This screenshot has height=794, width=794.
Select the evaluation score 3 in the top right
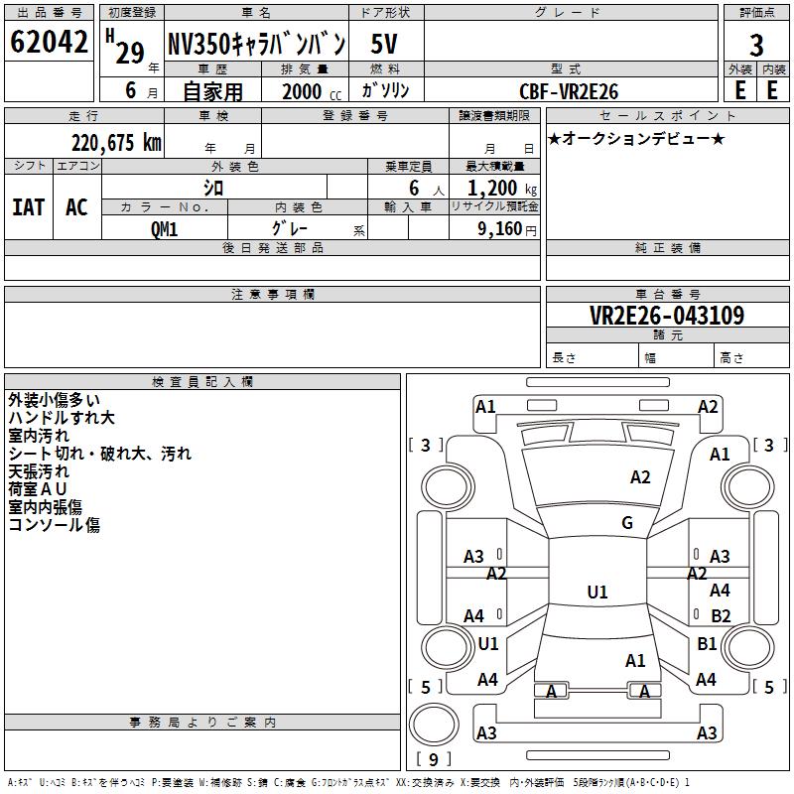point(756,46)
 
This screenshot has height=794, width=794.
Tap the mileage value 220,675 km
point(116,143)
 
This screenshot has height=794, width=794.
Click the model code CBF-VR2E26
point(569,91)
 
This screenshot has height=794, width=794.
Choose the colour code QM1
point(164,228)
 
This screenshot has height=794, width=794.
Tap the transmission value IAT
point(29,207)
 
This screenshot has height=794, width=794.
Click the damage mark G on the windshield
point(627,523)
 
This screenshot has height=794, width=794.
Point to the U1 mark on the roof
point(597,593)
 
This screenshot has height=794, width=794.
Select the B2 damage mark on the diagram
point(721,616)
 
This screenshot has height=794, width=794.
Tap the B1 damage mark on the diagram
point(707,644)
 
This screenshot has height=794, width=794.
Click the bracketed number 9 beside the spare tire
point(433,760)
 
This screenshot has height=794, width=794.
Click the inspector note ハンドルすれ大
point(62,418)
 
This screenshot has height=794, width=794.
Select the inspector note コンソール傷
point(54,525)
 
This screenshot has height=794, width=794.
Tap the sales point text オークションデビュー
point(635,138)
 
